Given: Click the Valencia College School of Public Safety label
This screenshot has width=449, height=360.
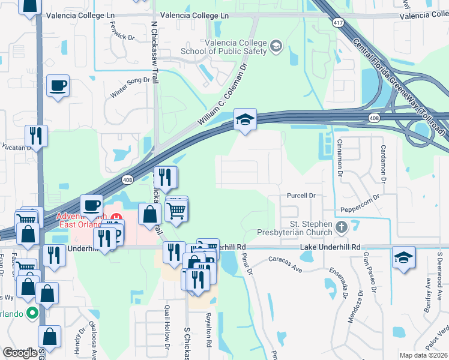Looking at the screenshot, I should pos(235,47).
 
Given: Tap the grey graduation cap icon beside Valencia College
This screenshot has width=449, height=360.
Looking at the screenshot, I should pos(276,46).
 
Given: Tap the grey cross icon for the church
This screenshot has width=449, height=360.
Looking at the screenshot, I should pos(342,227).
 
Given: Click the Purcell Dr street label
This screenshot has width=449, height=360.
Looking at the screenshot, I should pos(301,196).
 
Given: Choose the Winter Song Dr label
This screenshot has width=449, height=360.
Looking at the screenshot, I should pos(129,87).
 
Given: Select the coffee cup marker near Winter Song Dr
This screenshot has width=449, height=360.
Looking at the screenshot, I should pos(58,86).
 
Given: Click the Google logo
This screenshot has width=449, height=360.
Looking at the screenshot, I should pos(20,353).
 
